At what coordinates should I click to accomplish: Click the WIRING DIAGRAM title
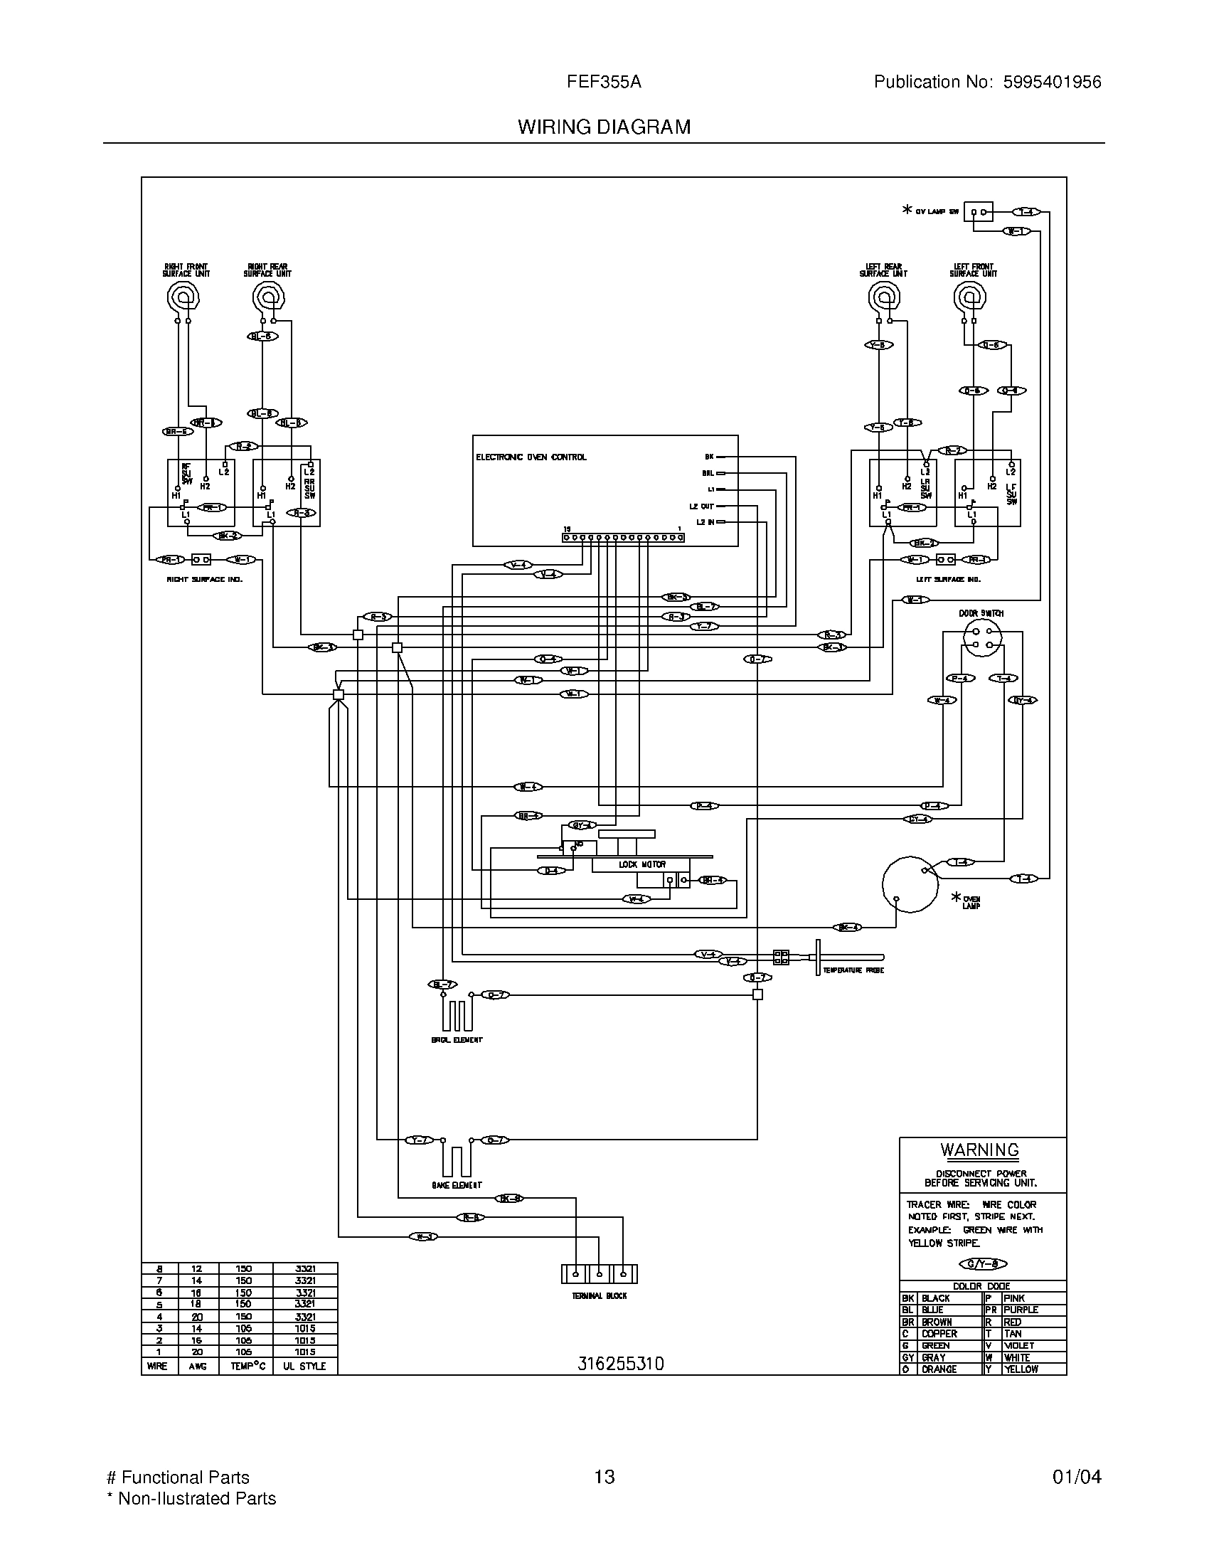pyautogui.click(x=604, y=127)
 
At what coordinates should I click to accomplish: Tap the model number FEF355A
pyautogui.click(x=604, y=83)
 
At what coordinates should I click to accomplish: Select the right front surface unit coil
pyautogui.click(x=183, y=295)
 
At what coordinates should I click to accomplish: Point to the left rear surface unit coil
pyautogui.click(x=884, y=295)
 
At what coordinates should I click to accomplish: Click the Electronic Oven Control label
pyautogui.click(x=531, y=457)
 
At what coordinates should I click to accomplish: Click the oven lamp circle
pyautogui.click(x=910, y=884)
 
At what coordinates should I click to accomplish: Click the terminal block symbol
pyautogui.click(x=599, y=1274)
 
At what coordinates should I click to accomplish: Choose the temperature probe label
pyautogui.click(x=853, y=970)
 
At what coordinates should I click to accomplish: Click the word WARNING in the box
pyautogui.click(x=979, y=1150)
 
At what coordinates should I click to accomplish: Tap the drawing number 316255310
pyautogui.click(x=620, y=1364)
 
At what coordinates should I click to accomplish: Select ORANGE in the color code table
pyautogui.click(x=939, y=1369)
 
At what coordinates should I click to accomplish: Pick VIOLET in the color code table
pyautogui.click(x=1018, y=1346)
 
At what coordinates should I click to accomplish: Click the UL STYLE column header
pyautogui.click(x=304, y=1367)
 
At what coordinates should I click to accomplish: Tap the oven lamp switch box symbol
pyautogui.click(x=978, y=212)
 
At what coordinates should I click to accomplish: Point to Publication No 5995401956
pyautogui.click(x=987, y=83)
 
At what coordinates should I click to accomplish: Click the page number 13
pyautogui.click(x=604, y=1477)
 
